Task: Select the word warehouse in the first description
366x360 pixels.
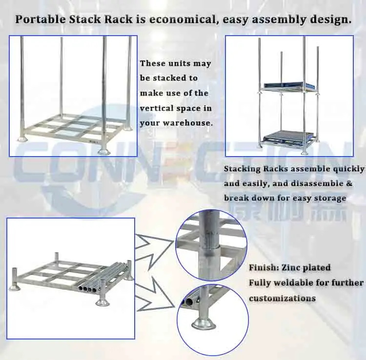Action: tap(187, 123)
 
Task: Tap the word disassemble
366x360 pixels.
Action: tap(321, 184)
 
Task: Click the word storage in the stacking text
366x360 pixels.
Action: tap(331, 198)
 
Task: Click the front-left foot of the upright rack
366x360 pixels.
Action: tap(23, 140)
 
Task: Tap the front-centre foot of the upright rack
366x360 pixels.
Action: tap(104, 150)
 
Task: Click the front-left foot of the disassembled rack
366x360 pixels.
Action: tap(15, 287)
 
